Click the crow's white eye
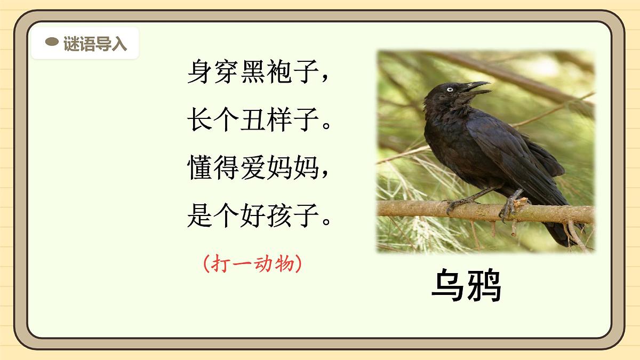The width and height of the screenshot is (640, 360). [450, 89]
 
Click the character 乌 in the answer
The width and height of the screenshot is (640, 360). [447, 286]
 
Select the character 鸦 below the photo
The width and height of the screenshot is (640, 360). [484, 286]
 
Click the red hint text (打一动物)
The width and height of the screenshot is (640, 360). [253, 263]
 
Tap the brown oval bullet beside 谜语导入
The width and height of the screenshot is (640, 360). [52, 42]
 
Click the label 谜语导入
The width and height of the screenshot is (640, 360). [95, 43]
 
